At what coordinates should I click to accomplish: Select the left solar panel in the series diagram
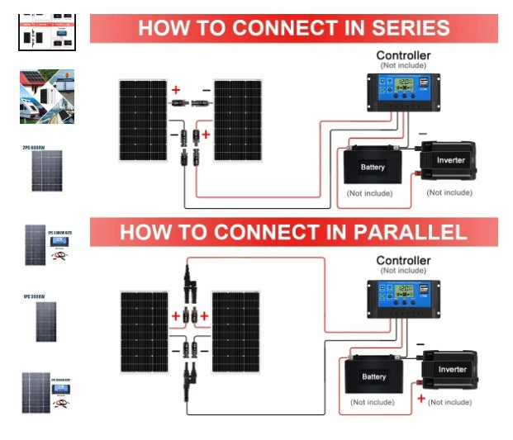click(142, 120)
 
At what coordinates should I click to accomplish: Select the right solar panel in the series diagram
click(238, 120)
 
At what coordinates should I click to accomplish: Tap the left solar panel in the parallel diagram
click(144, 331)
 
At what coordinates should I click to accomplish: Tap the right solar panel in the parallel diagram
click(236, 331)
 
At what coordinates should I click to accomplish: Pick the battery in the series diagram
click(373, 166)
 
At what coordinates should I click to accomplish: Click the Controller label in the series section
click(403, 56)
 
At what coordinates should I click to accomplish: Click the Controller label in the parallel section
click(403, 261)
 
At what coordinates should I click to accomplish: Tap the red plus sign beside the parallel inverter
click(420, 399)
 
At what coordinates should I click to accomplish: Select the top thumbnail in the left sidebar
click(46, 31)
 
